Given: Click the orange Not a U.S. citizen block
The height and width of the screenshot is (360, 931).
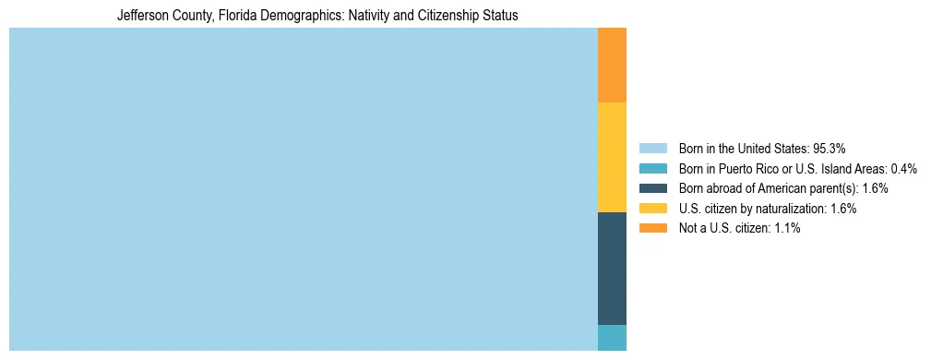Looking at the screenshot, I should pos(612,65).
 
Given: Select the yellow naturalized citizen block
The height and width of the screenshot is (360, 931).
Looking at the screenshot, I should pos(612,157).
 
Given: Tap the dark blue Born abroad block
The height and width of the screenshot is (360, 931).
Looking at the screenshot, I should pos(612,268).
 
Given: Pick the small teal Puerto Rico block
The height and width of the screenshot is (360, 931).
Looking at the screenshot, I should pos(612,338).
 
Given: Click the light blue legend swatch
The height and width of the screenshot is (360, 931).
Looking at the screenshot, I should pos(652,149).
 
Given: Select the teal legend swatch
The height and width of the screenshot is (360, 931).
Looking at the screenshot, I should pos(652,169).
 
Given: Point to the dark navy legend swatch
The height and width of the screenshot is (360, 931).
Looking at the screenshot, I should pos(652,188).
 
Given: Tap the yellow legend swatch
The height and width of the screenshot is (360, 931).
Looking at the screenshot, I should pos(652,209).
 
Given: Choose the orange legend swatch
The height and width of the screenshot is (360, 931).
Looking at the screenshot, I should pos(652,228).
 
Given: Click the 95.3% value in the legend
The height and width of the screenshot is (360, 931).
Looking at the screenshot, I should pos(830,149).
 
